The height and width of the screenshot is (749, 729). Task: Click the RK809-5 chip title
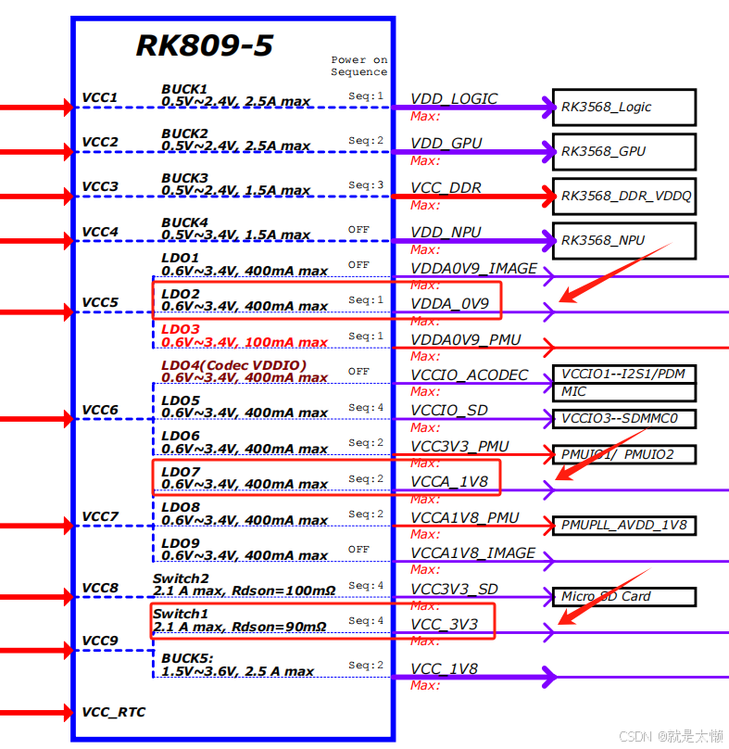pos(205,45)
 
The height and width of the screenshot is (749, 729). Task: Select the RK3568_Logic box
pos(623,108)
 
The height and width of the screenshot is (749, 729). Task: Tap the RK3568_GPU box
pos(623,151)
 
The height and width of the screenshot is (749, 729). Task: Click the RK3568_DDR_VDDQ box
pos(623,196)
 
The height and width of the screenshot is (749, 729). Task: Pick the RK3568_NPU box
pos(623,240)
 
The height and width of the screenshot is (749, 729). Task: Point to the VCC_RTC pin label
pos(113,712)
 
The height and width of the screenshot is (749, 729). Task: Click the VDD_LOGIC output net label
pos(454,99)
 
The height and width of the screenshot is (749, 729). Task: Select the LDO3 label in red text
pos(181,329)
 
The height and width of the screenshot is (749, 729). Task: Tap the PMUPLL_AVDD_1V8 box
pos(623,526)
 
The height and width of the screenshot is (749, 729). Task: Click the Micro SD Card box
pos(623,596)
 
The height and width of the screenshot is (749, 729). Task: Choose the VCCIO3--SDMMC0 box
pos(623,418)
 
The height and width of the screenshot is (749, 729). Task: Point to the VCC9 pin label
pos(100,641)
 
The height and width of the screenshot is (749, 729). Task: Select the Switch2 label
pos(181,578)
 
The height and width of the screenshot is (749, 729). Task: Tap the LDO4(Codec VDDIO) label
pos(233,365)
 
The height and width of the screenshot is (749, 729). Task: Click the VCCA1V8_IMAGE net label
pos(472,553)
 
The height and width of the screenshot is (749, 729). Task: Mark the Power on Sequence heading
pos(359,66)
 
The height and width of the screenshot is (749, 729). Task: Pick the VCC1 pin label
pos(100,97)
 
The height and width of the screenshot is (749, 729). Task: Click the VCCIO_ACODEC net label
pos(469,374)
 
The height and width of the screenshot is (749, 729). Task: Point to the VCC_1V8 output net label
pos(444,669)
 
